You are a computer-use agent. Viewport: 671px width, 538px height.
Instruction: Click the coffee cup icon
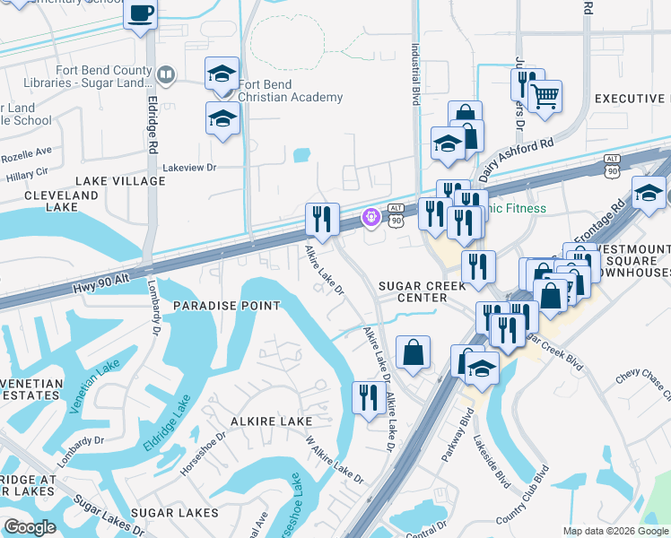pyautogui.click(x=140, y=13)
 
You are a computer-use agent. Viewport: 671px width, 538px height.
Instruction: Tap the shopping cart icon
pyautogui.click(x=545, y=95)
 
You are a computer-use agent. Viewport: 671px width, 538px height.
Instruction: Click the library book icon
pyautogui.click(x=164, y=74)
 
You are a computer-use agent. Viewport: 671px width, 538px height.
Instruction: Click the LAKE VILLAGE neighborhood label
pyautogui.click(x=120, y=181)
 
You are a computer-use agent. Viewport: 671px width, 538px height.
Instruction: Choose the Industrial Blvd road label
pyautogui.click(x=415, y=76)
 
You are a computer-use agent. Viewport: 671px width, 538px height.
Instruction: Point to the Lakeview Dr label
pyautogui.click(x=189, y=167)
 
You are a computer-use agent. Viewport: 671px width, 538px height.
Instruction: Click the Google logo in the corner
pyautogui.click(x=30, y=527)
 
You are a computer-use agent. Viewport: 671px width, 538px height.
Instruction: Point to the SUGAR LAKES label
pyautogui.click(x=174, y=513)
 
